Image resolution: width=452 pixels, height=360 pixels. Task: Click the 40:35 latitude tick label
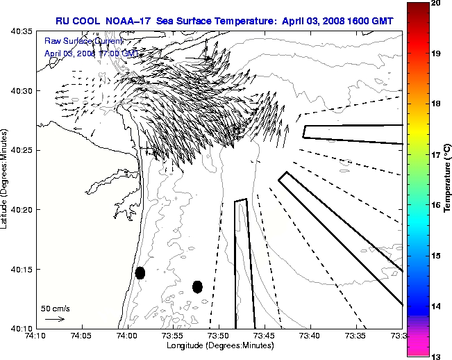click(x=22, y=31)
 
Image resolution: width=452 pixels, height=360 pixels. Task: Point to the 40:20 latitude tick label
click(x=22, y=210)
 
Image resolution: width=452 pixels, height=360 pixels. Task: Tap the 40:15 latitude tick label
click(x=22, y=269)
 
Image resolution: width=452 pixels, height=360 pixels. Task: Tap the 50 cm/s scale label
click(x=56, y=308)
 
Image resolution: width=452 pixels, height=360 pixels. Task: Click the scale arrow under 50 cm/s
click(x=55, y=319)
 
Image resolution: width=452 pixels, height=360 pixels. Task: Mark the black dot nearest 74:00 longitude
click(x=140, y=272)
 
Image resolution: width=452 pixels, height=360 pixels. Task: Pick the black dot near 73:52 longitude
click(x=197, y=286)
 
